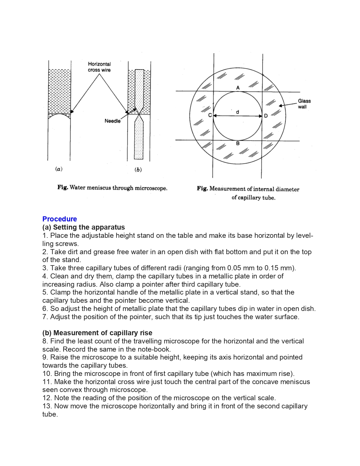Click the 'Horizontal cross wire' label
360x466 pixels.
[99, 67]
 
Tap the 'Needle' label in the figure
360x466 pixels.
[112, 121]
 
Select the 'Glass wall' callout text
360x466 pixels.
[304, 104]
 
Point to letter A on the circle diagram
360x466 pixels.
[238, 88]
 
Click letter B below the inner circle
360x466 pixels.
[238, 143]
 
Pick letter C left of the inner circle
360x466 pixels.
[210, 115]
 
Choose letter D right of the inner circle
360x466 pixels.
[266, 116]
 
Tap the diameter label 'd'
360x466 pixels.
[237, 112]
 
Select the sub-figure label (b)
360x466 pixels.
[138, 169]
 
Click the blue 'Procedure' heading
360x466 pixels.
[60, 219]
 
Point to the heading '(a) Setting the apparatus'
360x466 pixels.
[84, 227]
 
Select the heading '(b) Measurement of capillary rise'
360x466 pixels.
[97, 333]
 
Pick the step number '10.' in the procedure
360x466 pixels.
[47, 373]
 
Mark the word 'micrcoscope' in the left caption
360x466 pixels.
[150, 188]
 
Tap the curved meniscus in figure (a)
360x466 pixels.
[59, 115]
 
